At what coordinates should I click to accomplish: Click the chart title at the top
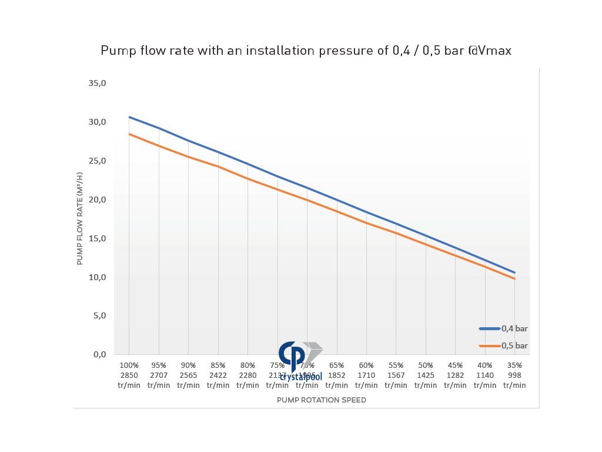point(306,51)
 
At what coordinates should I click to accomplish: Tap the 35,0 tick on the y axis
point(97,83)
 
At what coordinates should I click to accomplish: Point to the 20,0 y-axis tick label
point(97,200)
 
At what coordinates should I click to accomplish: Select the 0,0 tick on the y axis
point(98,354)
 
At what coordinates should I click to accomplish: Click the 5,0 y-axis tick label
point(98,315)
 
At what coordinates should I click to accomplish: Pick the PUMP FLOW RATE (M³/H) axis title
point(80,218)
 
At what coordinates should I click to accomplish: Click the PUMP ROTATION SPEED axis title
point(322,400)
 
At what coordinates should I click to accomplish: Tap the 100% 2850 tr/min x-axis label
point(129,375)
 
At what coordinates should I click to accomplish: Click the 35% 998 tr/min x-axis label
point(514,375)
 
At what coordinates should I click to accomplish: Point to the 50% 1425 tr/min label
point(426,375)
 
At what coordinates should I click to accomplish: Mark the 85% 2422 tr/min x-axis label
point(218,375)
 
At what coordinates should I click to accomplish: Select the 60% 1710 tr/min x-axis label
point(366,375)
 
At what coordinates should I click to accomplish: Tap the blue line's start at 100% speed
point(129,117)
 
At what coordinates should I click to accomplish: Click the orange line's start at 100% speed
point(129,134)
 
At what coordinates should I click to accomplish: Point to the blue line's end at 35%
point(515,272)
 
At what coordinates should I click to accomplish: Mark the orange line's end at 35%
point(515,278)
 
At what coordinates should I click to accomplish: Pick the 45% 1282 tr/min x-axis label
point(455,375)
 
